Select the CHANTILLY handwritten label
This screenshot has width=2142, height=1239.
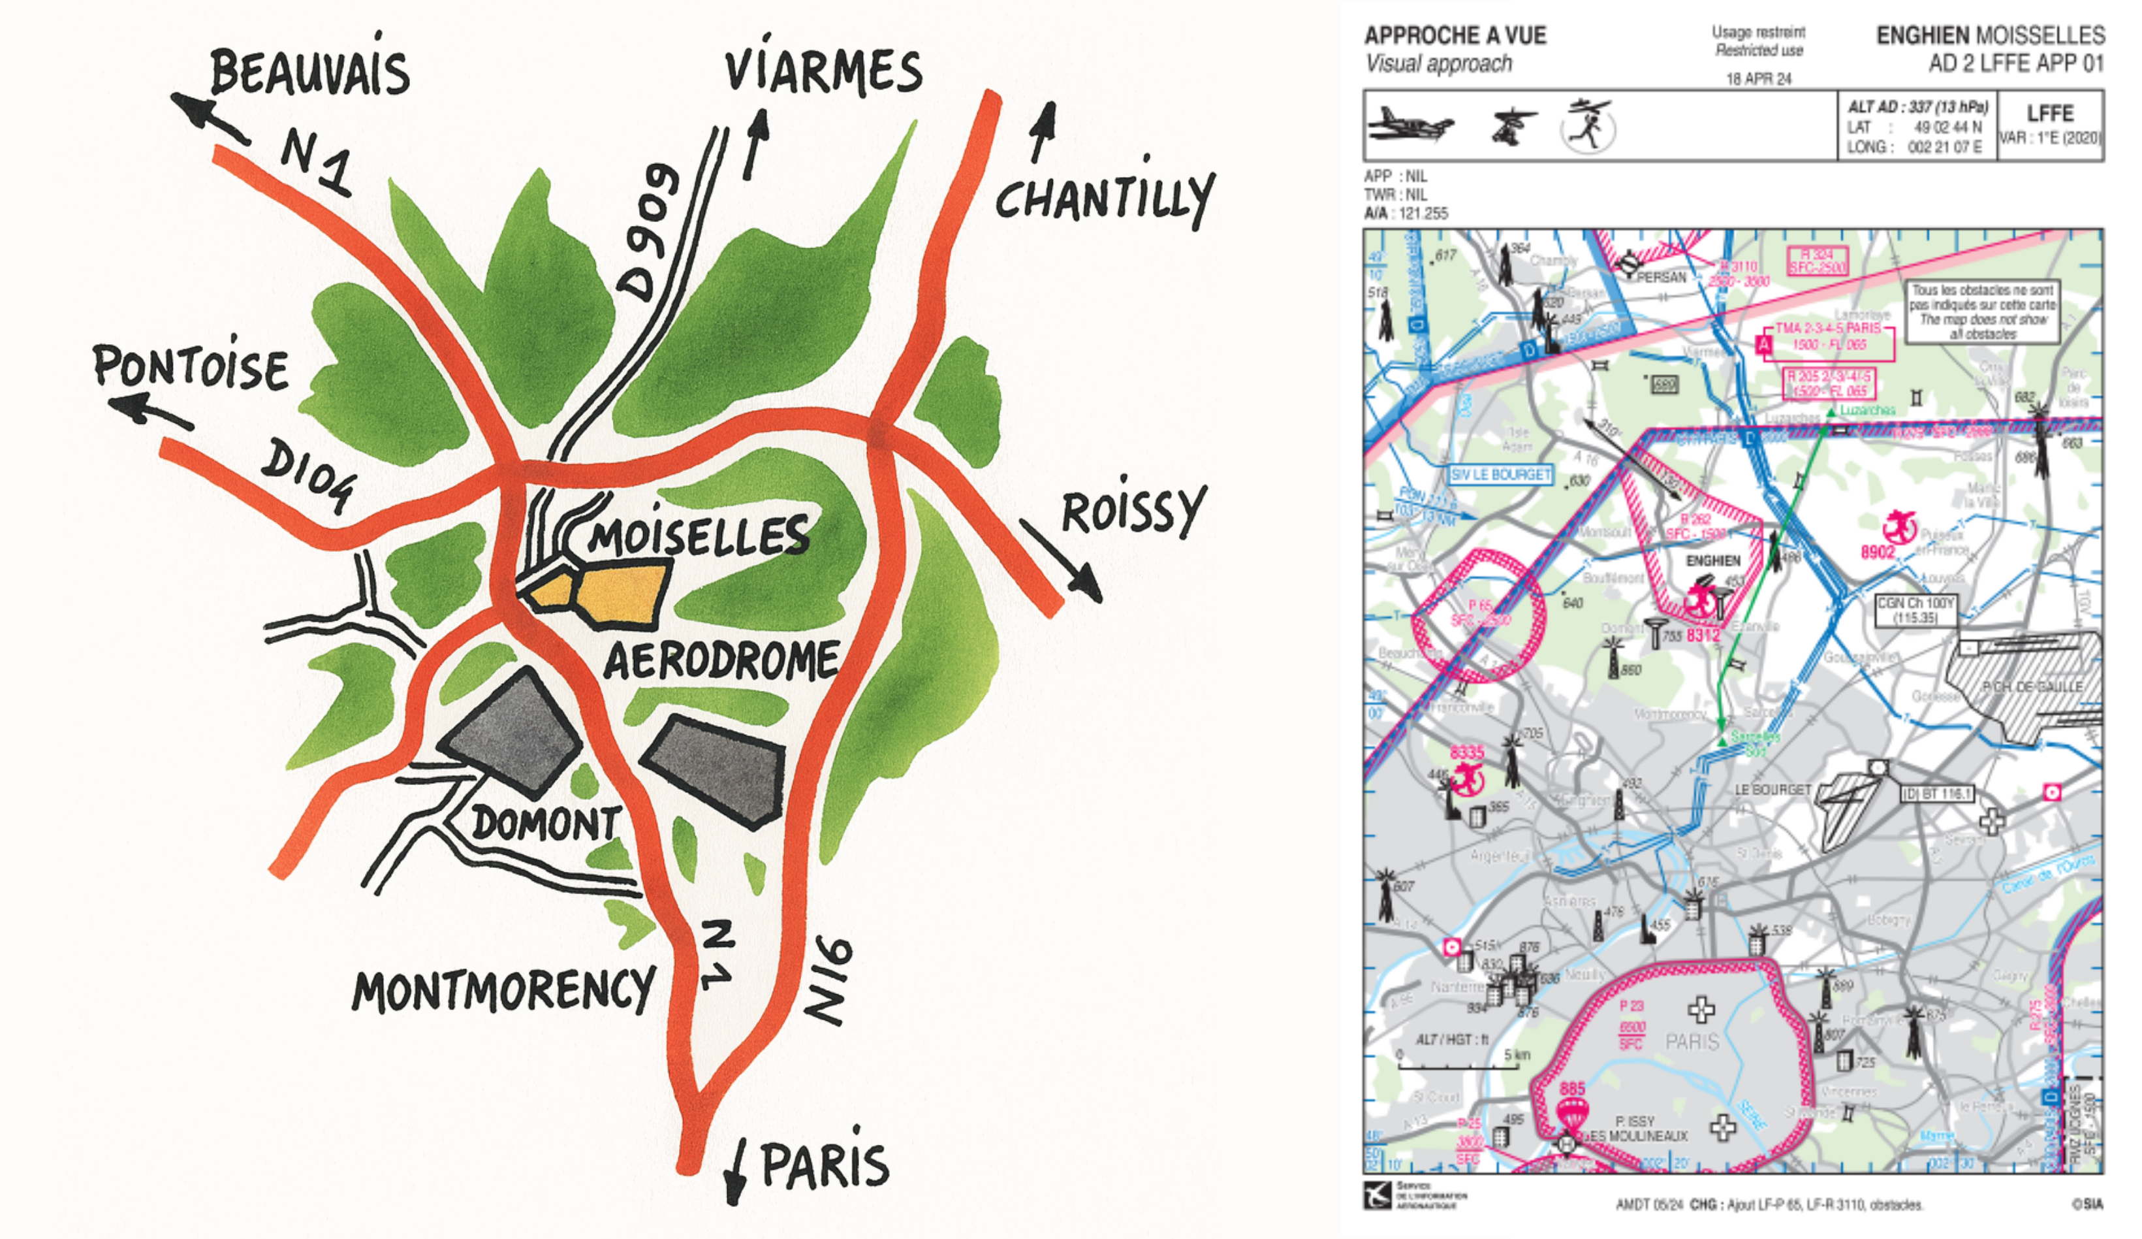point(1105,197)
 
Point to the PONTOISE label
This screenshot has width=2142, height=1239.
point(191,367)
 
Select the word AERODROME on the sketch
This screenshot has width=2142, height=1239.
point(721,662)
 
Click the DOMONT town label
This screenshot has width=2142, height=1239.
point(546,823)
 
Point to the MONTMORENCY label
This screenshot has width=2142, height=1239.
point(503,991)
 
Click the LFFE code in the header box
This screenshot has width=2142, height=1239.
point(2049,113)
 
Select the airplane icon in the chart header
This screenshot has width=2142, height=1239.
point(1410,125)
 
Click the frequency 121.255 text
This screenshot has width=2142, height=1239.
point(1423,214)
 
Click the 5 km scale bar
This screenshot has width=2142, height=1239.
point(1458,1065)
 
